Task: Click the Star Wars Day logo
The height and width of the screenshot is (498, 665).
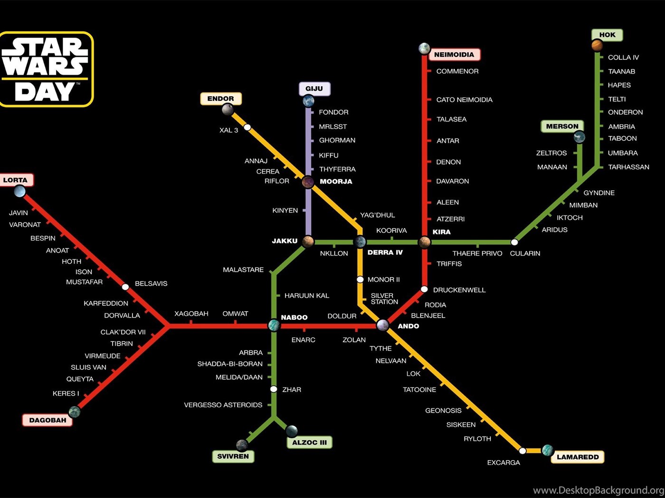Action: (46, 69)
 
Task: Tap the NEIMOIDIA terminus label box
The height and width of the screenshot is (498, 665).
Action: (454, 55)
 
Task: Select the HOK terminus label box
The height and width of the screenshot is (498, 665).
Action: (607, 35)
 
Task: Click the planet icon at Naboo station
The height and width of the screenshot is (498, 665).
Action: (274, 325)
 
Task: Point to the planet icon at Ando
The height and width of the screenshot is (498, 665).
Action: (383, 325)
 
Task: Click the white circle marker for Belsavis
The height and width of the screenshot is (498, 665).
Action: (125, 286)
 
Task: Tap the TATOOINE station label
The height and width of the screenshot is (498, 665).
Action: (419, 390)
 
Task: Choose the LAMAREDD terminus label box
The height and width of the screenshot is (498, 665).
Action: (578, 457)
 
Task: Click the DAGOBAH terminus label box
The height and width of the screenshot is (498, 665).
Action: (47, 420)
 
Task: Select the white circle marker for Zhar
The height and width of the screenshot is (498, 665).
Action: (274, 389)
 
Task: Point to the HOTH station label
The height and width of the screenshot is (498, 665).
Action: (72, 261)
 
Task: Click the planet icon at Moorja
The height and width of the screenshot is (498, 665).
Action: (308, 182)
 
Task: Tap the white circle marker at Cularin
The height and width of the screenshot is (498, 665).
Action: (514, 242)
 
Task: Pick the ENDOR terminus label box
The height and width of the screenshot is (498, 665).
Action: (221, 99)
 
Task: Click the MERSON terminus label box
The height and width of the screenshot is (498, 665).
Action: (562, 126)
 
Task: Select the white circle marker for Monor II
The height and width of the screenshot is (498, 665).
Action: (360, 279)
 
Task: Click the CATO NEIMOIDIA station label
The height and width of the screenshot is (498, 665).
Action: (465, 100)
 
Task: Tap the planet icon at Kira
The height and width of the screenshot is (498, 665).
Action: (425, 242)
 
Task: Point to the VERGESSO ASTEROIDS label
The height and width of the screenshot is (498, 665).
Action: (223, 405)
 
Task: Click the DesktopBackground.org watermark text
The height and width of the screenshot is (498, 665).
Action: (598, 490)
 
